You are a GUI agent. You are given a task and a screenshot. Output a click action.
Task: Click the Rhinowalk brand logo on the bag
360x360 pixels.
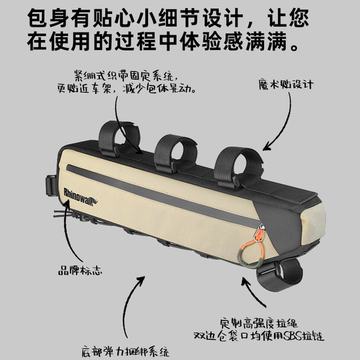[79, 188]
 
